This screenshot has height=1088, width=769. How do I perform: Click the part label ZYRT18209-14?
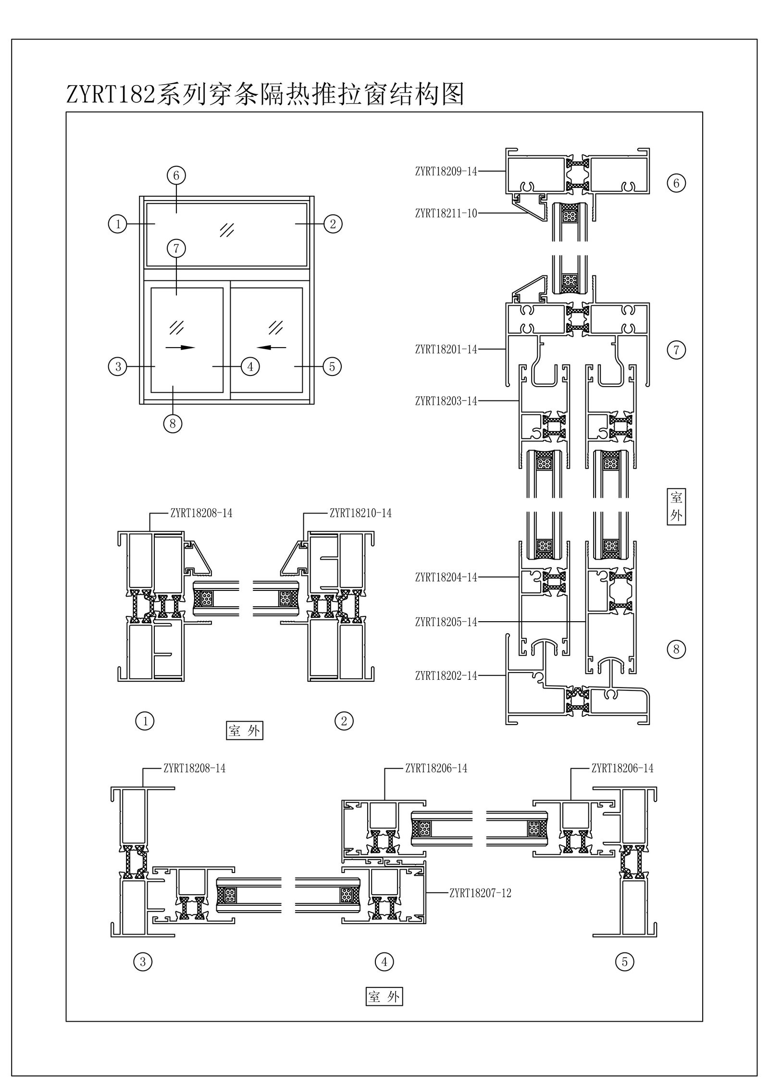pyautogui.click(x=446, y=171)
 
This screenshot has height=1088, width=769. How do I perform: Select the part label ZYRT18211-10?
pyautogui.click(x=446, y=213)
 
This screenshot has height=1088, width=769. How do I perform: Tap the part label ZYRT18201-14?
pyautogui.click(x=446, y=350)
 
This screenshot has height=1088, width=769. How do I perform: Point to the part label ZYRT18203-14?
pyautogui.click(x=446, y=401)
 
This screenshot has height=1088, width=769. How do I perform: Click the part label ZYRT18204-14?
pyautogui.click(x=446, y=577)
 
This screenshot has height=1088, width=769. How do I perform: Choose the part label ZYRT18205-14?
pyautogui.click(x=446, y=622)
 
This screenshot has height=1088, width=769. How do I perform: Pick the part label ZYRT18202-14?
pyautogui.click(x=446, y=676)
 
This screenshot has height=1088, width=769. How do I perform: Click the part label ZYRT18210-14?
pyautogui.click(x=360, y=513)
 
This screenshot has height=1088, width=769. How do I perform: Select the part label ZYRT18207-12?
pyautogui.click(x=480, y=893)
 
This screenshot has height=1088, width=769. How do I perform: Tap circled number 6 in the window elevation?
pyautogui.click(x=176, y=175)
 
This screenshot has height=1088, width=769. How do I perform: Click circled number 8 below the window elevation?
pyautogui.click(x=173, y=424)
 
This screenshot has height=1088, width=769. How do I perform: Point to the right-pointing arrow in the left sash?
pyautogui.click(x=180, y=347)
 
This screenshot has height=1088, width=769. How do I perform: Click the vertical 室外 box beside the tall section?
pyautogui.click(x=676, y=507)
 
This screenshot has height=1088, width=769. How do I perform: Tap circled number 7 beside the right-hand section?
pyautogui.click(x=676, y=350)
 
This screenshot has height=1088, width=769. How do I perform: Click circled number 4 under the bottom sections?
pyautogui.click(x=384, y=962)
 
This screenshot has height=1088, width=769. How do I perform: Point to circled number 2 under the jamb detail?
pyautogui.click(x=344, y=721)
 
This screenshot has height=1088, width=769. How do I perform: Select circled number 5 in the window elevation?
pyautogui.click(x=332, y=367)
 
